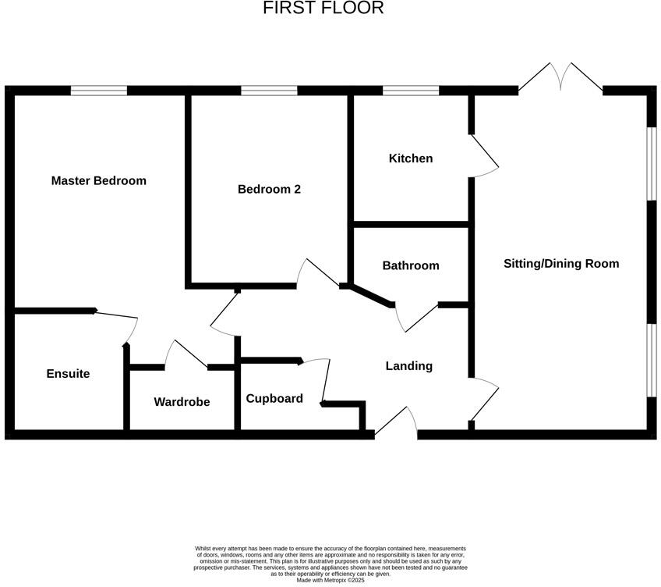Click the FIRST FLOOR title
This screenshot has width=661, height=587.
tap(323, 9)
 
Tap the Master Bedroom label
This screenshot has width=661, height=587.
tap(98, 181)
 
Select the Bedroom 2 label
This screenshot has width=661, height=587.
tap(269, 190)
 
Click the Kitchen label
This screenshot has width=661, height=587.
tap(411, 158)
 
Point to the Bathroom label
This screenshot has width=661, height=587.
tap(411, 266)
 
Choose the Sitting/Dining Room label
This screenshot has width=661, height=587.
tap(561, 264)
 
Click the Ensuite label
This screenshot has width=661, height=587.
tap(68, 374)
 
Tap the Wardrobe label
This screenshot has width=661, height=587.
tap(182, 402)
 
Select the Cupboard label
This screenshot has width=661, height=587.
tap(274, 399)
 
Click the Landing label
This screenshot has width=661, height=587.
tap(409, 366)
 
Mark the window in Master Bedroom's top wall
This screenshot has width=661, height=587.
tap(99, 91)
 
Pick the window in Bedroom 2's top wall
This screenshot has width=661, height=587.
tap(269, 91)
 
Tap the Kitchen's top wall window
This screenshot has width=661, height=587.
tap(411, 91)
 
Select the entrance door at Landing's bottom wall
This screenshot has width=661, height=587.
tap(397, 422)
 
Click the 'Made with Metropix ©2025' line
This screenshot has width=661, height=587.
tap(330, 580)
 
